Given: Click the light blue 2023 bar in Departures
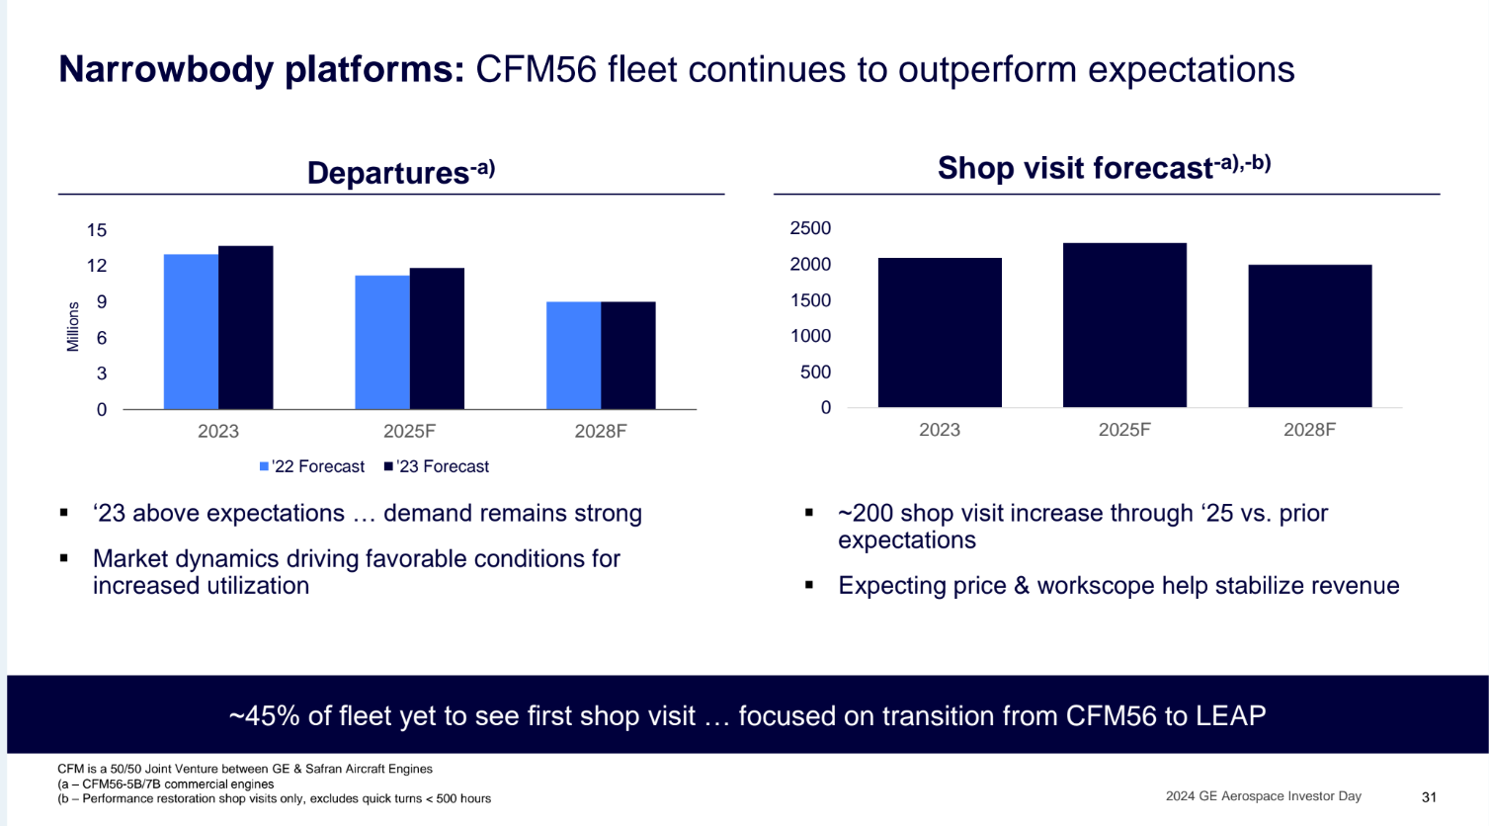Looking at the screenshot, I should coord(191,332).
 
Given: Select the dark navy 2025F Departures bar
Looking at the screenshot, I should coord(437,339).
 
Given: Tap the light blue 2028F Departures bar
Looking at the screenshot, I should coord(573,356).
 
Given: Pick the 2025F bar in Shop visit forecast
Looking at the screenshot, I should coord(1124,325).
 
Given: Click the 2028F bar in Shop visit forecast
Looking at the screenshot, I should coord(1309,336).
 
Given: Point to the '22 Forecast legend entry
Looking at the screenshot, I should coord(312,466).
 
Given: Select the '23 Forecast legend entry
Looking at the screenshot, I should coord(437,466).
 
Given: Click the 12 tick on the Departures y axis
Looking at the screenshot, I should coord(97,266).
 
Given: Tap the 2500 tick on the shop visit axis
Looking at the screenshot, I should coord(810,228).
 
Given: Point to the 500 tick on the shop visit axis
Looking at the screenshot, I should coord(815,372).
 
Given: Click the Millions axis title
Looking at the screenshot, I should coord(73,327).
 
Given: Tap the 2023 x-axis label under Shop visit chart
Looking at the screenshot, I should coord(940,430).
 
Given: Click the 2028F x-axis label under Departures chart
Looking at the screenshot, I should coord(601,432).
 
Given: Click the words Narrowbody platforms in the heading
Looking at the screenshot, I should coord(261,69).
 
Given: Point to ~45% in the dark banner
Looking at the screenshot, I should coord(264,715).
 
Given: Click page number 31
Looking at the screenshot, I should coord(1429,797).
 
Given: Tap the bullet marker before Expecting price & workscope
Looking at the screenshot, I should coord(809,586).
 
